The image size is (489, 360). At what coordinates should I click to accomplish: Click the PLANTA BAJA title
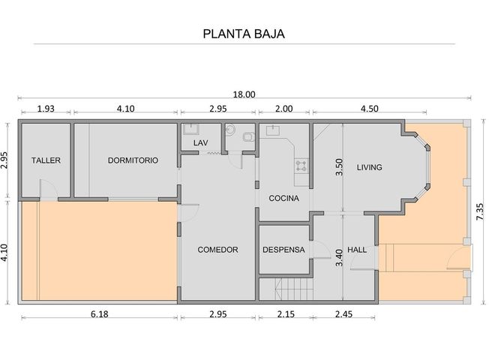point(244,34)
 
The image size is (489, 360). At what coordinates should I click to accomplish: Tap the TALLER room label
point(46,160)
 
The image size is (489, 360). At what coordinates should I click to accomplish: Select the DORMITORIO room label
point(133,160)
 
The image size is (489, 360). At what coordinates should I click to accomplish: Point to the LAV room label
point(200,143)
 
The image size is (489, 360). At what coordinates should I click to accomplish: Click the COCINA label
point(283,198)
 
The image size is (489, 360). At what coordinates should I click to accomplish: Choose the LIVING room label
point(369,167)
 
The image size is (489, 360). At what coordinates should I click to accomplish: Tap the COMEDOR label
point(217,250)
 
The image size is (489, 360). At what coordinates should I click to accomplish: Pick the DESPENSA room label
point(283,250)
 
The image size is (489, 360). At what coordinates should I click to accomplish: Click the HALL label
point(357,250)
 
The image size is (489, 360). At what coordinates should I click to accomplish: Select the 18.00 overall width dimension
point(244,94)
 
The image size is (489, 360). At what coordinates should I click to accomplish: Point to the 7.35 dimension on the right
point(480,211)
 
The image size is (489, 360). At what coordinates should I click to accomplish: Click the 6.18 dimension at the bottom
point(100,314)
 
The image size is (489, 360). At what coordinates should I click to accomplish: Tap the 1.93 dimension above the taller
point(46,109)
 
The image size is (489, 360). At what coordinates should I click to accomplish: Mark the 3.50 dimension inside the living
point(339,167)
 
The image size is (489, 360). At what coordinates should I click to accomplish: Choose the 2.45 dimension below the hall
point(343,314)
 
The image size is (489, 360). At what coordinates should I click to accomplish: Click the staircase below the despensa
point(294,289)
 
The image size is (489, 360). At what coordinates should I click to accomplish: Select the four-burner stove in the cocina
point(301,165)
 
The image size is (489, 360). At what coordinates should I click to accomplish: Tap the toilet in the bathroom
point(249,136)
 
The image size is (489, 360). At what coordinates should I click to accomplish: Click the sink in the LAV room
point(190,129)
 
